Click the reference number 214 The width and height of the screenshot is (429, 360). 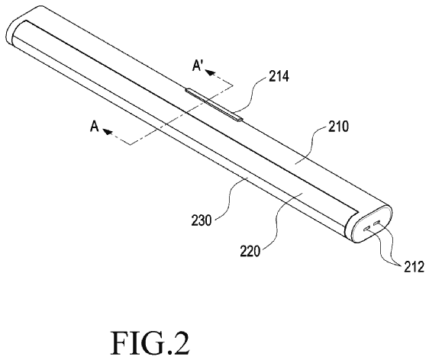coord(279,76)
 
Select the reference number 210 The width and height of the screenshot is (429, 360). coord(338,127)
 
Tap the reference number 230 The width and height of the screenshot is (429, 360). coord(202,220)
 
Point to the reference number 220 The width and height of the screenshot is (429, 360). coord(250,251)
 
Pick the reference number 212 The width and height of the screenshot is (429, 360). coord(414,267)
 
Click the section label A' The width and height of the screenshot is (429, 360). coord(197,66)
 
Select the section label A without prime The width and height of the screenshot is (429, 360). coord(95,127)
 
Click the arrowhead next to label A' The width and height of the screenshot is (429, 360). coord(210,72)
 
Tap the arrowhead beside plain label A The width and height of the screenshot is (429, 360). coord(108,131)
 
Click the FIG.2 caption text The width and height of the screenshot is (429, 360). coord(150,342)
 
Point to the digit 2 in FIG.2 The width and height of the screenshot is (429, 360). coord(179,342)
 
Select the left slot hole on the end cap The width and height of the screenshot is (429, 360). coord(366,227)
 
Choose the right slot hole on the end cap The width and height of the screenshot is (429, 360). coord(378,223)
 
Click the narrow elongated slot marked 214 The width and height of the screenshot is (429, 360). coord(214,104)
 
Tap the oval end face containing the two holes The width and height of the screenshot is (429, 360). coord(372,224)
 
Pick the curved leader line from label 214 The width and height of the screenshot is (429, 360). coord(250,95)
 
